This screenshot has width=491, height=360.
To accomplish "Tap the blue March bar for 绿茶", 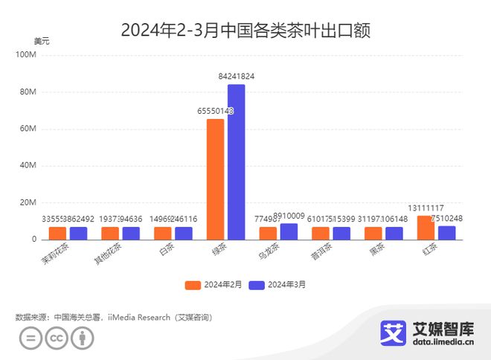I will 237,161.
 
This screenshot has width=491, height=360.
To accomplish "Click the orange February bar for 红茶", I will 426,227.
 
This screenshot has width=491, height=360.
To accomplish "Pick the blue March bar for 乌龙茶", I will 289,231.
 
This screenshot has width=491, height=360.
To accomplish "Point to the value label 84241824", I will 237,77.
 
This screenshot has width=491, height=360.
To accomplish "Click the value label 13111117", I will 426,208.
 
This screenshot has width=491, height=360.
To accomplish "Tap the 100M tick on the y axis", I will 26,55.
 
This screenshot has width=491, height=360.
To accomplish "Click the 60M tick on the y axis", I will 28,129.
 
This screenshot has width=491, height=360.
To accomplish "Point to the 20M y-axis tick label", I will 28,202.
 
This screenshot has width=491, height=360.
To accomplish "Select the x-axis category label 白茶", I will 164,251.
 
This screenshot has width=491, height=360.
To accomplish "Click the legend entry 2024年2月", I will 215,284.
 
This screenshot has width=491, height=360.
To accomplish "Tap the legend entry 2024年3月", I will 279,284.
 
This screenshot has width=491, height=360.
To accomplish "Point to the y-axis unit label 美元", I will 42,41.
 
